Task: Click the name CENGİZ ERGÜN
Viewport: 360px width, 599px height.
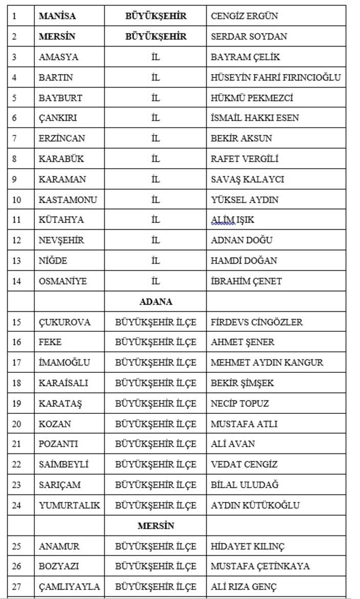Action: click(x=244, y=16)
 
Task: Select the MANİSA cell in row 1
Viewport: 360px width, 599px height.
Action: click(x=57, y=16)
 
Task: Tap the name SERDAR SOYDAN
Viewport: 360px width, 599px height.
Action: click(x=249, y=36)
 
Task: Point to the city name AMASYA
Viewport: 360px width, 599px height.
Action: click(x=58, y=57)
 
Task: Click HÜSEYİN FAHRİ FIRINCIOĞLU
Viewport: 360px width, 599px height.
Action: click(x=275, y=77)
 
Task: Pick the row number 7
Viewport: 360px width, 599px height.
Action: click(x=14, y=138)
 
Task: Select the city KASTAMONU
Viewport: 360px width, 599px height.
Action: click(x=68, y=199)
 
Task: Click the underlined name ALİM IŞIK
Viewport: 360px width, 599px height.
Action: click(x=232, y=220)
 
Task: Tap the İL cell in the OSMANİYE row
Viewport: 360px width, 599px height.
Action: click(x=155, y=281)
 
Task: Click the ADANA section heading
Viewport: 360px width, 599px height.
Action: click(x=155, y=302)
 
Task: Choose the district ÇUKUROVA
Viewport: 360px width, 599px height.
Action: click(x=65, y=322)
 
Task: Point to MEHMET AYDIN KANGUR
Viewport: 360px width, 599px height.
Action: click(x=267, y=363)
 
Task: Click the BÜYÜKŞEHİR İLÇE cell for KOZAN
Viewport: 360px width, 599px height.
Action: click(x=155, y=424)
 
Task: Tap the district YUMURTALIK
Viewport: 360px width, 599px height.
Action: click(x=69, y=505)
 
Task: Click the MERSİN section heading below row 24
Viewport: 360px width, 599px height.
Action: click(x=155, y=526)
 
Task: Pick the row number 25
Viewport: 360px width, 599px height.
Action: click(x=16, y=546)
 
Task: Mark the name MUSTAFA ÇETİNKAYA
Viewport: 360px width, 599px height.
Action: click(x=260, y=566)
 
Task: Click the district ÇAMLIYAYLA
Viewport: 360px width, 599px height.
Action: click(x=69, y=587)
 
